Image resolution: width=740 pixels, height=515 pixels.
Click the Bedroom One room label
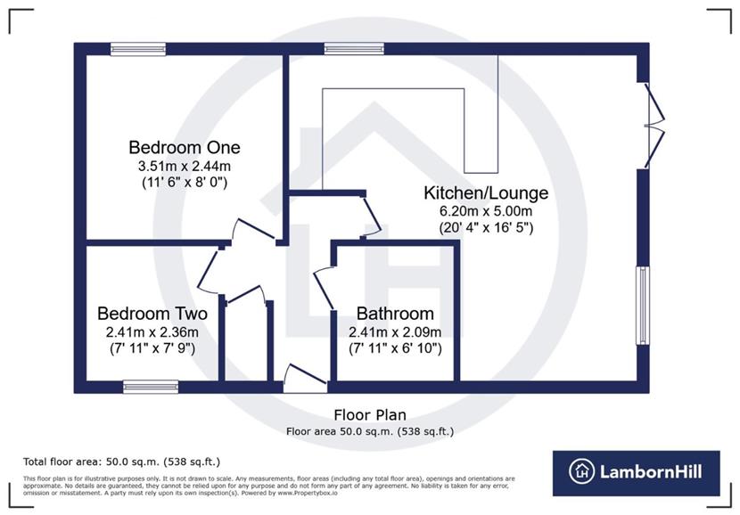185,147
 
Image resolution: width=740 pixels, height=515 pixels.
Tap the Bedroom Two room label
152,314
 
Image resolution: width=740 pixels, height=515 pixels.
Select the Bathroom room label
395,314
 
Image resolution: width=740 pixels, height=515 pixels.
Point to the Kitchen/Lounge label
485,192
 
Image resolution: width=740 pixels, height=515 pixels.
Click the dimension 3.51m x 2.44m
185,165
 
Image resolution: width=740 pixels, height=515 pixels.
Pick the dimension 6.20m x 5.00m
485,210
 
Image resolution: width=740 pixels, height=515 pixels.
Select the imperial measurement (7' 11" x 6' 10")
395,348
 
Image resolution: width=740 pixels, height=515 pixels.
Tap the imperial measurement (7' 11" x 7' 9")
152,348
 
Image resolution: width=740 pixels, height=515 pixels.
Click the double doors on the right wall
654,125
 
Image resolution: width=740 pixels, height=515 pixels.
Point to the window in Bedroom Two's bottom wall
151,387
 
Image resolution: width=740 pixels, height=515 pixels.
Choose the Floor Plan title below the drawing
370,415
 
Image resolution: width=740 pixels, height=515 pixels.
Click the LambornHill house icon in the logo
582,472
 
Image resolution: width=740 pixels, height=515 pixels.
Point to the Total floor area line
121,462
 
